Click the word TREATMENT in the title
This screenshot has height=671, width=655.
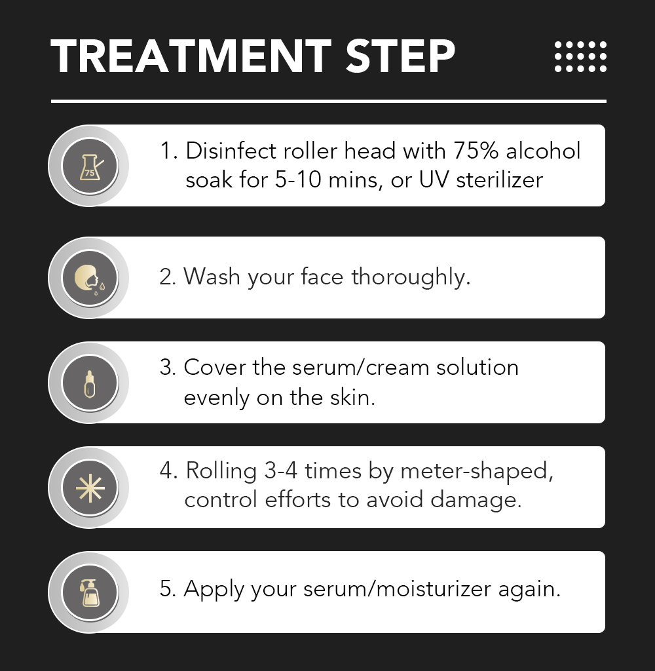coord(191,56)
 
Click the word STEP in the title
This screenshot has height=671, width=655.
coord(400,56)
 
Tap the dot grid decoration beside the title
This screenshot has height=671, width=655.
coord(580,56)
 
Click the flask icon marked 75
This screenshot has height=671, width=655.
coord(90,167)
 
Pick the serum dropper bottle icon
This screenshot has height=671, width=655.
coord(90,384)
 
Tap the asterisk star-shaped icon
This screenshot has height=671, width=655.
coord(90,488)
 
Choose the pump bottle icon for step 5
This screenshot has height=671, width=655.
coord(90,593)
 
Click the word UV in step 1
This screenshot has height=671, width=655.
coord(434,180)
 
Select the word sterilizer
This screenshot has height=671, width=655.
coord(500,180)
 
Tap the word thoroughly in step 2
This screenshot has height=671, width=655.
coord(411,278)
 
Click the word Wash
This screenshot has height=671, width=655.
coord(212,277)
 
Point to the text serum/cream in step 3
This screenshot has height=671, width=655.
coord(360,368)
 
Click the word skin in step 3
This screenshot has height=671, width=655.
coord(352,398)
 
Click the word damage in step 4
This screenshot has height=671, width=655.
coord(476,500)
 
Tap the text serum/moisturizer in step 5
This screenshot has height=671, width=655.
coord(397,589)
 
